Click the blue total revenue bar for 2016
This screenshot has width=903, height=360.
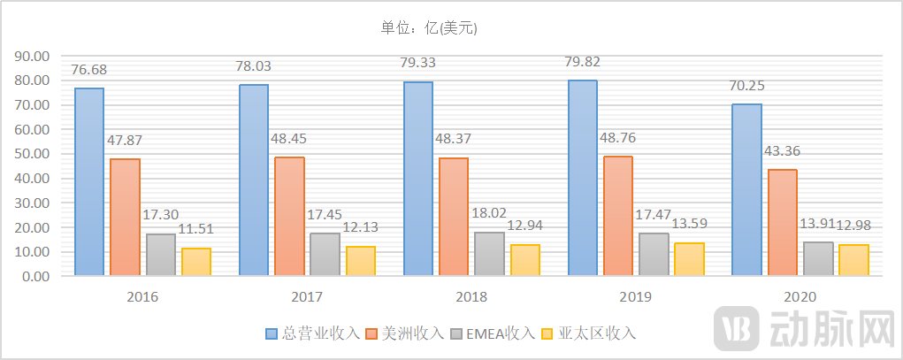click(89, 181)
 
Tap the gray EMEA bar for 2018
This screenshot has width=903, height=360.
click(490, 254)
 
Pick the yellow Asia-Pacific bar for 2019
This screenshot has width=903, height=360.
click(690, 259)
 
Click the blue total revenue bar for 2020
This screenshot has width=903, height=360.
click(747, 190)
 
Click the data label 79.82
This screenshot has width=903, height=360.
click(585, 62)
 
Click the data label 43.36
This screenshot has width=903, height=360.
click(783, 151)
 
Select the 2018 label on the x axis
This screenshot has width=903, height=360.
click(471, 297)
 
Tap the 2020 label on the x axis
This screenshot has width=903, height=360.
click(800, 297)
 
